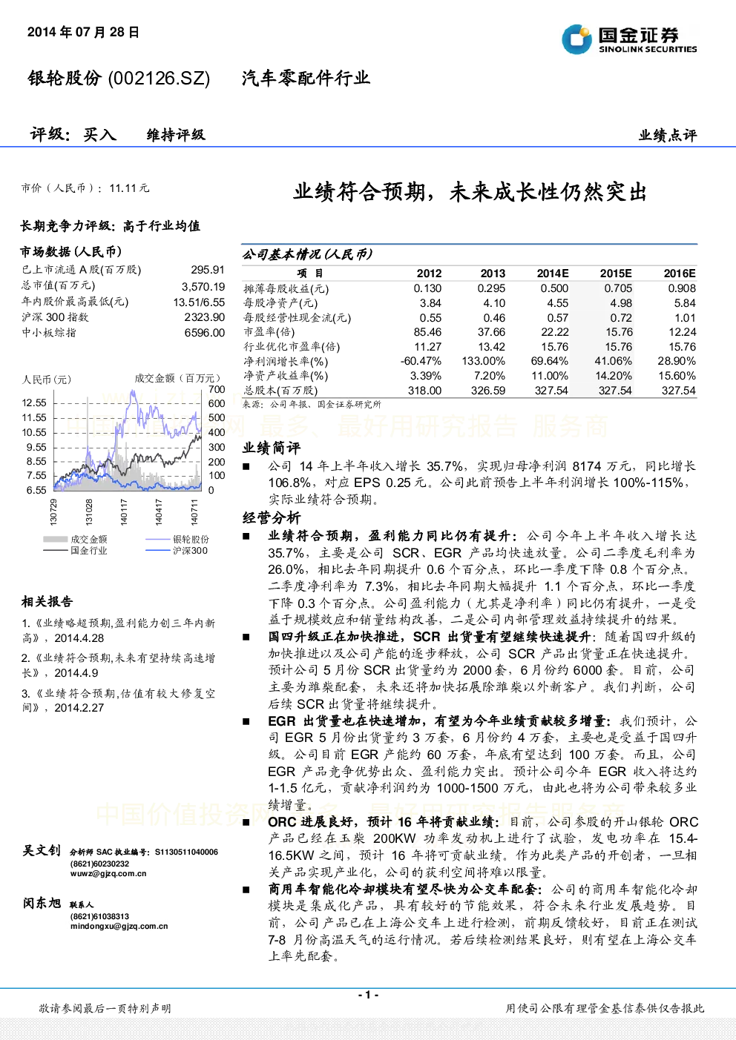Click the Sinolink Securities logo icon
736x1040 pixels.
coord(576,39)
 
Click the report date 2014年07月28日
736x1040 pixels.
coord(83,32)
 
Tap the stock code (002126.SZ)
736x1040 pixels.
coord(159,78)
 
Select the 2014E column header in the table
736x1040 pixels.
coord(553,274)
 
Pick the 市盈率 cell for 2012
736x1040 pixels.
coord(427,332)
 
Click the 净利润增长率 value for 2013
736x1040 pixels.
coord(483,361)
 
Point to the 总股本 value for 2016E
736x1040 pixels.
coord(678,391)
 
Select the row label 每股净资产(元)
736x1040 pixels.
coord(280,303)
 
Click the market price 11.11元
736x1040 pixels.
coord(129,188)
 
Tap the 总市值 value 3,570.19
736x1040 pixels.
coord(203,286)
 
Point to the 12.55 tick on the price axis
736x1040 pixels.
coord(34,403)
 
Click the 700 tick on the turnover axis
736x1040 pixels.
coord(217,389)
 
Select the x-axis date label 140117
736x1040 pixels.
coord(124,512)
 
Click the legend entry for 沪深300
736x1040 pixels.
coord(177,551)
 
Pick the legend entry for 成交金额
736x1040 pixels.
coord(75,539)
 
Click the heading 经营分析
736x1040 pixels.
coord(272,518)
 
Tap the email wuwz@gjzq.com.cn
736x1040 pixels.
coord(108,873)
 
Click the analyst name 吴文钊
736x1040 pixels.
coord(42,850)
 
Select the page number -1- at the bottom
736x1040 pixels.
coord(368,995)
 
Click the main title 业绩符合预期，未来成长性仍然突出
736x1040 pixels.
coord(470,192)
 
